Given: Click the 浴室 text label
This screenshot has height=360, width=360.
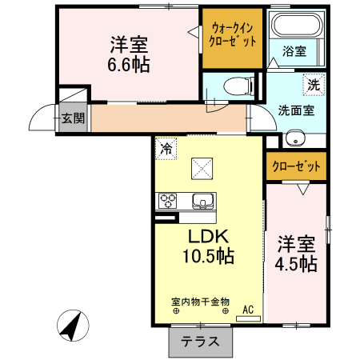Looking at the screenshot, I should point(294,52).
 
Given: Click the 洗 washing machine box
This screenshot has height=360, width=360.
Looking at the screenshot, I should point(314,83).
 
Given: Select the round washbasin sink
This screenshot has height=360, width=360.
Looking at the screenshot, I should point(294,138).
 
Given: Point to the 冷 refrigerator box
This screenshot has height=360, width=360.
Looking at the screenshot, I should point(166,147).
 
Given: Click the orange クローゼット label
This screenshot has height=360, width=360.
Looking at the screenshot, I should point(296,167).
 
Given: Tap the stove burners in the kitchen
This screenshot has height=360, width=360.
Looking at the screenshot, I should point(169,200).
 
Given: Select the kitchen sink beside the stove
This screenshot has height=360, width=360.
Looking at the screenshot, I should point(202,200).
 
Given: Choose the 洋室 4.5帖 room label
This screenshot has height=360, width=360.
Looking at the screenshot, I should point(297,253).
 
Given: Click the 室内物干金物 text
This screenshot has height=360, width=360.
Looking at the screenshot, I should point(200,302).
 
